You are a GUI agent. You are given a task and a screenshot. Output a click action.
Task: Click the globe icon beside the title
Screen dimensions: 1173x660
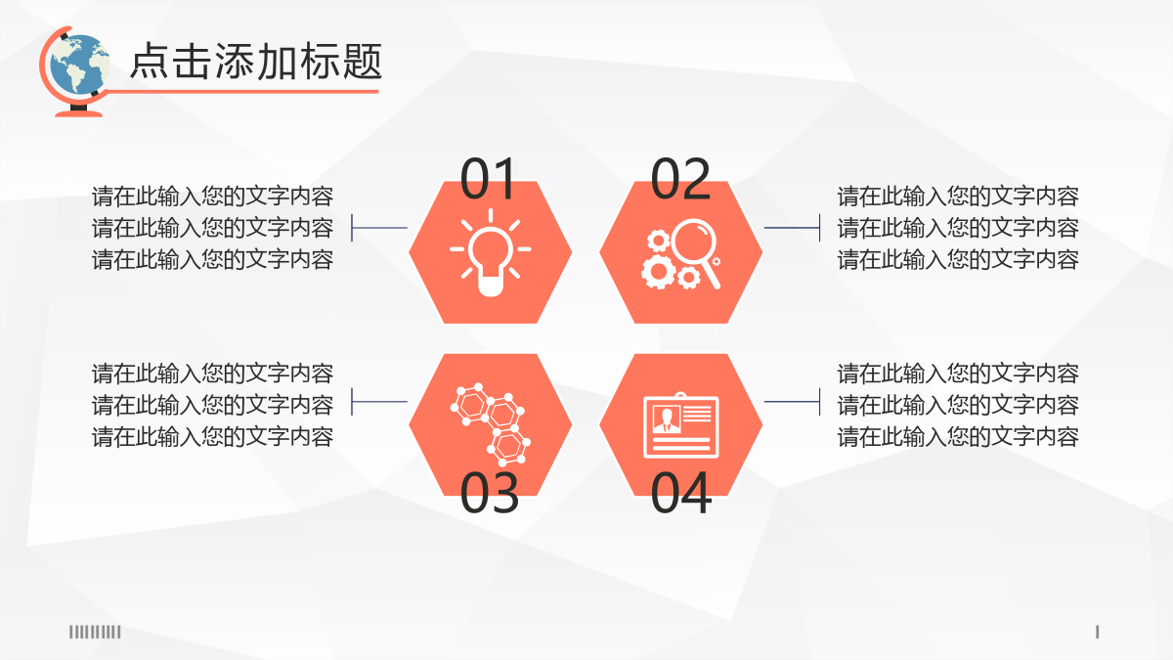(76, 70)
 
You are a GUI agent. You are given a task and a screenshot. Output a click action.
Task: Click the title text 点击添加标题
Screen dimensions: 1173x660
(256, 62)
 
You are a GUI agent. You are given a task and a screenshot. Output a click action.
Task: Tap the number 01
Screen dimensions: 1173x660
(488, 179)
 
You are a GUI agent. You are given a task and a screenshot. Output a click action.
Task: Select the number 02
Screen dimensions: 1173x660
(680, 179)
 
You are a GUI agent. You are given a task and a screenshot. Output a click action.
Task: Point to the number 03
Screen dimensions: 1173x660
(490, 493)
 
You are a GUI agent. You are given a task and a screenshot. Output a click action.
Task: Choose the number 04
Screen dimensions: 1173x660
(680, 493)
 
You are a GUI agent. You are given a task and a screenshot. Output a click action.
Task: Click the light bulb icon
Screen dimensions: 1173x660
(490, 253)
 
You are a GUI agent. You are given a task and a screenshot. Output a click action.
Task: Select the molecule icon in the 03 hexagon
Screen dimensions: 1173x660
(491, 424)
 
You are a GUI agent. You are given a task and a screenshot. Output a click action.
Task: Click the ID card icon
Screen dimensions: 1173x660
(680, 425)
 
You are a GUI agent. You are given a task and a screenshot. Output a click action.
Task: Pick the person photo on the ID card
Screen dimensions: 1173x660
(667, 418)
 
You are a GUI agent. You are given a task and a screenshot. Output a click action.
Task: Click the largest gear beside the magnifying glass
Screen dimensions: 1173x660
(658, 272)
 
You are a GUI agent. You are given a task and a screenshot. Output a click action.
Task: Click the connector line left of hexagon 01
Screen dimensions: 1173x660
(379, 228)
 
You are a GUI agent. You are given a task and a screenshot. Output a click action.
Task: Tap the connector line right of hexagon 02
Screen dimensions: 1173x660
(793, 228)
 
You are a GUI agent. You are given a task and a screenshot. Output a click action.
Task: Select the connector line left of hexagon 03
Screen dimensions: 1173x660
(379, 402)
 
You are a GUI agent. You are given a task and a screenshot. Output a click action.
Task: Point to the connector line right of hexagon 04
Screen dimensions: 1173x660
(793, 402)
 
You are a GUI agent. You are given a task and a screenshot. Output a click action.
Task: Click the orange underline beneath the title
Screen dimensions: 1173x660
(242, 92)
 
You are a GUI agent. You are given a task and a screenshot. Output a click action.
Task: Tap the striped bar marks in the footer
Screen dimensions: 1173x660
(95, 632)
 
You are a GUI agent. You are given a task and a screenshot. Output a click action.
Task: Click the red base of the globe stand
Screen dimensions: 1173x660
(78, 113)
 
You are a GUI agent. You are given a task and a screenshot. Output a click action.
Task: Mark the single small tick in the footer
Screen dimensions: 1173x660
(1097, 632)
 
